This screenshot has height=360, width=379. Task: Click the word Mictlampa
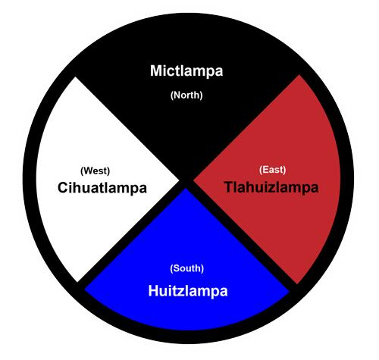[186, 71]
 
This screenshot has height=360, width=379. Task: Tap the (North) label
[186, 95]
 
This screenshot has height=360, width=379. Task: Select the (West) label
[95, 171]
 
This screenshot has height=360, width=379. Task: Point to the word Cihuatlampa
[102, 188]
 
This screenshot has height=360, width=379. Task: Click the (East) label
[272, 170]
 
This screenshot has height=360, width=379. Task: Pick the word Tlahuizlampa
[271, 188]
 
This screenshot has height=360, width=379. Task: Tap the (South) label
[187, 268]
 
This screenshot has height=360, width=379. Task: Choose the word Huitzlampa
[188, 291]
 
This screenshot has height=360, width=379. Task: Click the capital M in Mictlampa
[157, 70]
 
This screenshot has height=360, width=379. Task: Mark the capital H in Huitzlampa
[153, 290]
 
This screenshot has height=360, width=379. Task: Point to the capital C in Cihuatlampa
[63, 188]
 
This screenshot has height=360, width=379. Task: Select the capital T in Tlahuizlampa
[230, 187]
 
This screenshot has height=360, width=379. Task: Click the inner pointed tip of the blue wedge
[186, 189]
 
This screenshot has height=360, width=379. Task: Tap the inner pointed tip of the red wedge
[194, 180]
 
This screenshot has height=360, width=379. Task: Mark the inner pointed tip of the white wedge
[179, 180]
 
